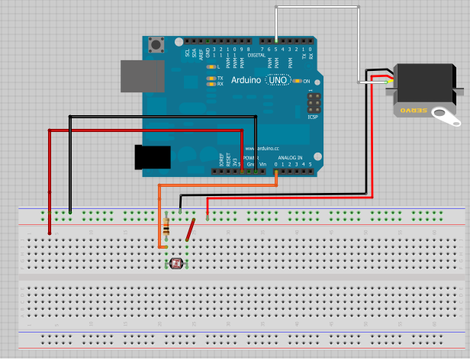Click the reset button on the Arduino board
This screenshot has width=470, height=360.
(x=158, y=44)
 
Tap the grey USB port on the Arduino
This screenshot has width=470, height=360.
(x=142, y=76)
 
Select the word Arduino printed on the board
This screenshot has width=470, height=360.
(x=246, y=80)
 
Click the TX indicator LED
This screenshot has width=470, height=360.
(x=211, y=78)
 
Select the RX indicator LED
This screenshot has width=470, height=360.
(x=211, y=84)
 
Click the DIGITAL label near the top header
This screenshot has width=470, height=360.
(x=256, y=55)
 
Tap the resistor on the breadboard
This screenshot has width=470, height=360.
(x=167, y=225)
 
